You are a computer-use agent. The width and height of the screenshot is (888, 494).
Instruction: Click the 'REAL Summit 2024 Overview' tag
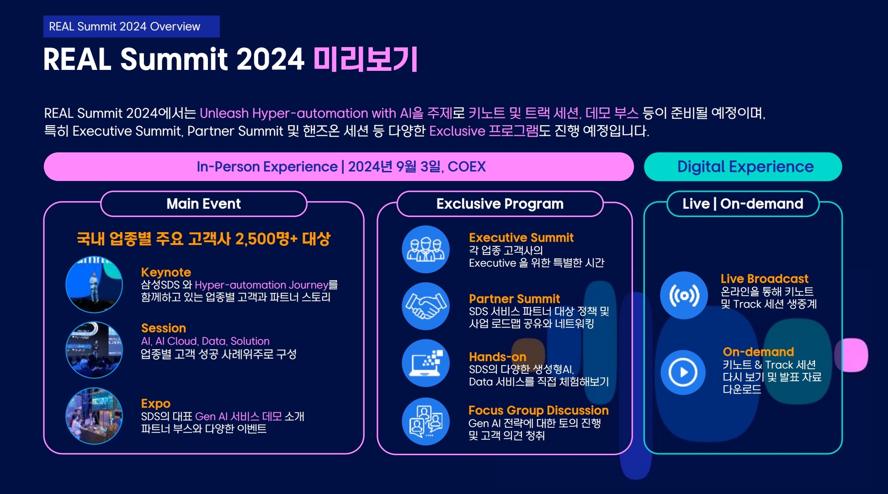point(132,27)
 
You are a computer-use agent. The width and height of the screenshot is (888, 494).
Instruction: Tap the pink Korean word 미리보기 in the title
point(366,59)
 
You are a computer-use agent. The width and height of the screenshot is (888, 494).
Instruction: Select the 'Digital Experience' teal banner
point(743,167)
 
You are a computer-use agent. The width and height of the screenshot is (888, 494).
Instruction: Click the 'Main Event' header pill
point(204,204)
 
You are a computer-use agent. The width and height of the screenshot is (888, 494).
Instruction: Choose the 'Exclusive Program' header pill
point(500,204)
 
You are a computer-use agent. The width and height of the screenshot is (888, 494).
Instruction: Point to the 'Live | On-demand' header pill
point(743,204)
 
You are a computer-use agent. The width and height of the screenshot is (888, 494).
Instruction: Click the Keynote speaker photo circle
point(94,284)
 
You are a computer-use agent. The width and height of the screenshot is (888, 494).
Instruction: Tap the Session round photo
point(94,350)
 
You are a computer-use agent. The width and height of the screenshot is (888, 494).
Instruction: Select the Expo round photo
point(94,416)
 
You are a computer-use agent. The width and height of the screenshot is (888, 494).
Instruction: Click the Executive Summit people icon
point(426,250)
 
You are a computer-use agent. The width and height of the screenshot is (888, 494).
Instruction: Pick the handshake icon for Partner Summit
point(426,306)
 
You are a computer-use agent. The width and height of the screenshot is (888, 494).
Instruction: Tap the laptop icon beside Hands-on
point(426,363)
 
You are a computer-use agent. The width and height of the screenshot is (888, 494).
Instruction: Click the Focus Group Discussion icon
point(426,421)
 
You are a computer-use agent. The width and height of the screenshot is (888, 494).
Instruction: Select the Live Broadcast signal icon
point(684,295)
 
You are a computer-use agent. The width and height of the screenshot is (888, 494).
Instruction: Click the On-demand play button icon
point(683,372)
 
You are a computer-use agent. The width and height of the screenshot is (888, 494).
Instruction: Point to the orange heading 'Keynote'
point(166,272)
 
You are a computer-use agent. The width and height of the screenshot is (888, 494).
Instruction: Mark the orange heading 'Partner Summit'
point(515,299)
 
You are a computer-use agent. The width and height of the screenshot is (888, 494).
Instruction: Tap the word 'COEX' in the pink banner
point(467,167)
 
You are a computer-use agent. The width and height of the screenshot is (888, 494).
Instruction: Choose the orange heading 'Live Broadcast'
point(765,279)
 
